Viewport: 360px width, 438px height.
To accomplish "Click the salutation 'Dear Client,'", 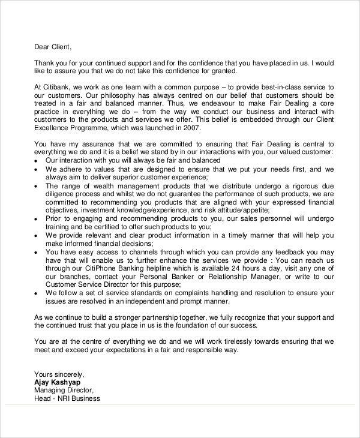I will click(52, 47).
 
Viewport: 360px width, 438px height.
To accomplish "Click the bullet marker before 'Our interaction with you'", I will click(37, 161).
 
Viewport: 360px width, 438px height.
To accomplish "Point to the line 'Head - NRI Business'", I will click(67, 398).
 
